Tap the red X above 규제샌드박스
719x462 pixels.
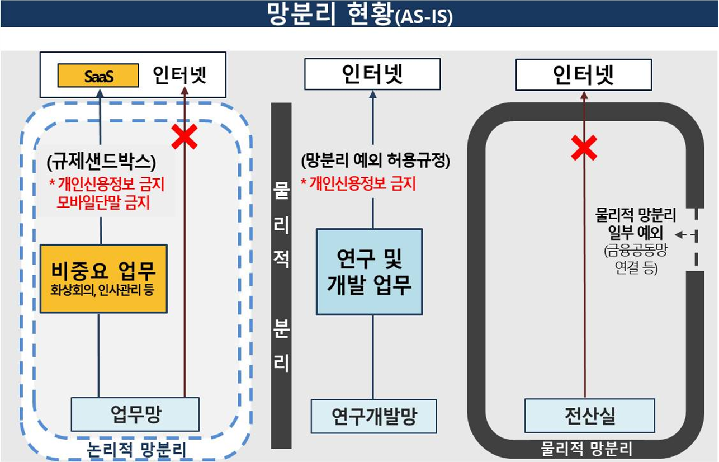click(x=185, y=137)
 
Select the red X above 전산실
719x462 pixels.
click(x=584, y=147)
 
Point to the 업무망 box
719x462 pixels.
click(x=135, y=414)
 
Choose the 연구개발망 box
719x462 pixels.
click(x=373, y=416)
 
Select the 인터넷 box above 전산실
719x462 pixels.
click(x=584, y=74)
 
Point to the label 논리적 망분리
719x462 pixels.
click(x=136, y=449)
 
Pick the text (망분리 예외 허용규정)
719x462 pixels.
click(x=375, y=162)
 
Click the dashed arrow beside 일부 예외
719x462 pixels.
click(x=683, y=235)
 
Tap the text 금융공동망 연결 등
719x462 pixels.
click(x=636, y=260)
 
